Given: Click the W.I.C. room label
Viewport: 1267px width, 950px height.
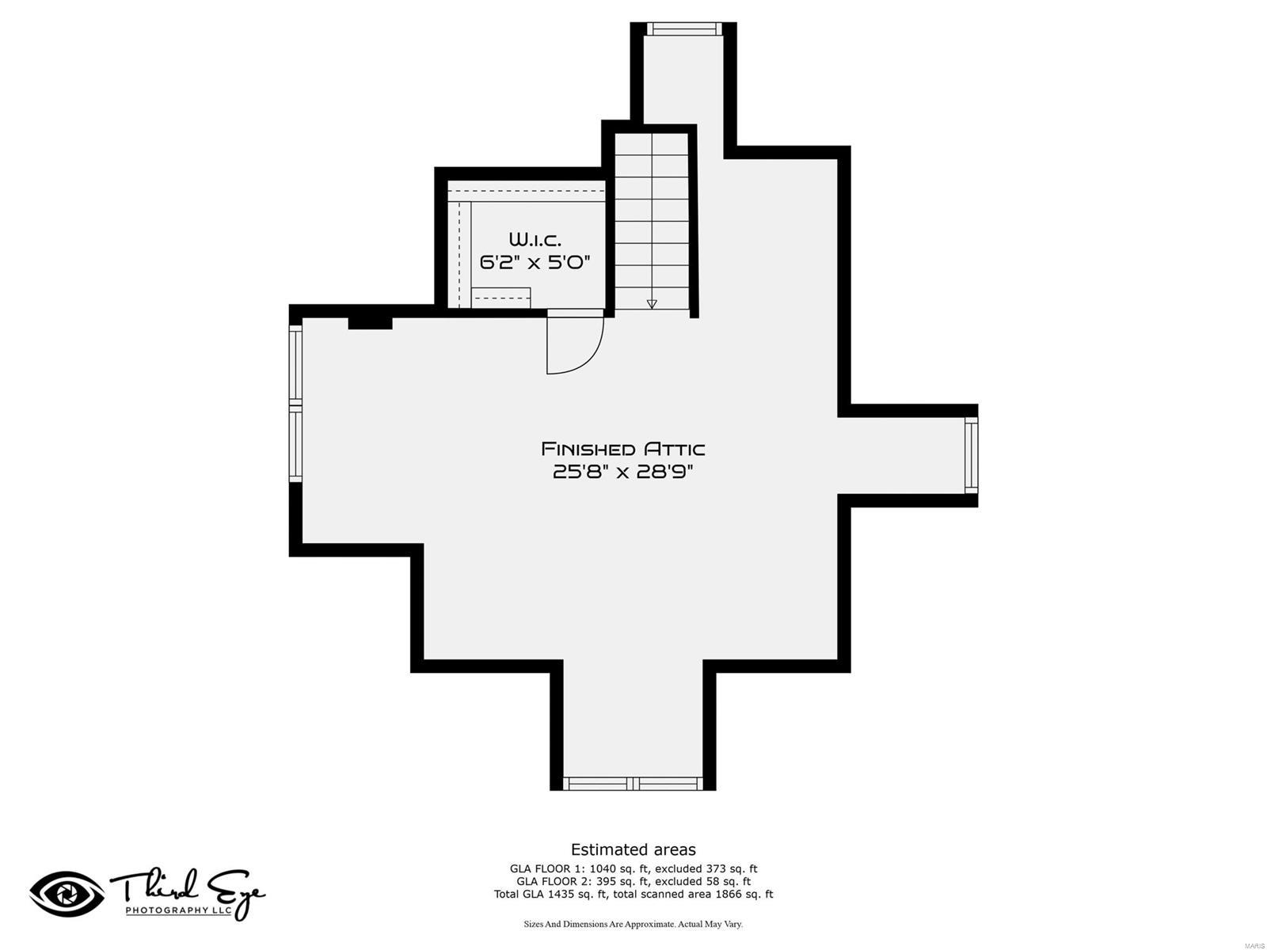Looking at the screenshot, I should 535,239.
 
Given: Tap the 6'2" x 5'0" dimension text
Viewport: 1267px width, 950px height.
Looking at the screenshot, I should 535,262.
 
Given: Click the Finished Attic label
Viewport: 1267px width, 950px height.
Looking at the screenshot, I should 622,449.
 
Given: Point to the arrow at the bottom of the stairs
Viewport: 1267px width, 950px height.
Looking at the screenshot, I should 652,304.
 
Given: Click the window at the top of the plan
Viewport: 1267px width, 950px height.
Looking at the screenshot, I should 684,29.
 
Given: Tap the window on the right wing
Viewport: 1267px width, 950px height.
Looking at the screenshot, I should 971,454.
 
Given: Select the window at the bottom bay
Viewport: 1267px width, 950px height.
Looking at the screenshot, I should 633,784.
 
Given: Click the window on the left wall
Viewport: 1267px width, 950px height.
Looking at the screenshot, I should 295,405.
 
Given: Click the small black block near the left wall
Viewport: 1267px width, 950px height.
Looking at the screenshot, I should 371,323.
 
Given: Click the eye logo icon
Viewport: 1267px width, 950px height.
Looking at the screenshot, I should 67,894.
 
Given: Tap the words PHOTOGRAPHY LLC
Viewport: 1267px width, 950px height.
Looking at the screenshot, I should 179,910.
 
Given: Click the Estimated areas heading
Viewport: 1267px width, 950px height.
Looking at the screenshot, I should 633,849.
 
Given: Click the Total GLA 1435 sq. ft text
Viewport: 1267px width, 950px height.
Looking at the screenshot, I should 551,894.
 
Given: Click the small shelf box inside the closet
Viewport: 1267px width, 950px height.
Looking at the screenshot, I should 500,298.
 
